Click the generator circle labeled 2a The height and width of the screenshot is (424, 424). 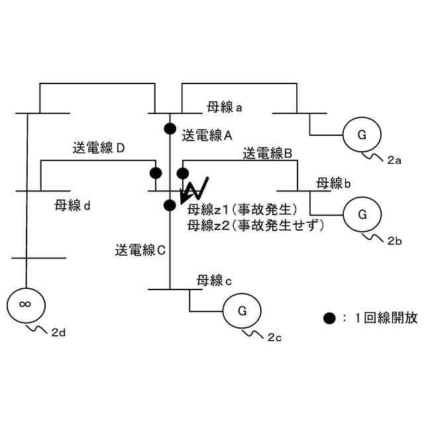coord(361,136)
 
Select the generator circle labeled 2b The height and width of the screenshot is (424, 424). coord(362,215)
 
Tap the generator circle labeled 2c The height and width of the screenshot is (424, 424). coord(242,311)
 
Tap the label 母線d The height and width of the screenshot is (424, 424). coord(73,205)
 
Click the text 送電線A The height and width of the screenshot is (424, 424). coord(206,134)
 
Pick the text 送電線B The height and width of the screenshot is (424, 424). coord(272,154)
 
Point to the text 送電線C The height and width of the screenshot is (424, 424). coord(144,250)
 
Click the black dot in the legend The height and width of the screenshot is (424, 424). coord(329,318)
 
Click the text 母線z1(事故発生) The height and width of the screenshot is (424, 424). coord(241,211)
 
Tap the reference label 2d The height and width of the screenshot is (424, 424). coord(58,333)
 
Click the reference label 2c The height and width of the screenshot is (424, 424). coord(275,338)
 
